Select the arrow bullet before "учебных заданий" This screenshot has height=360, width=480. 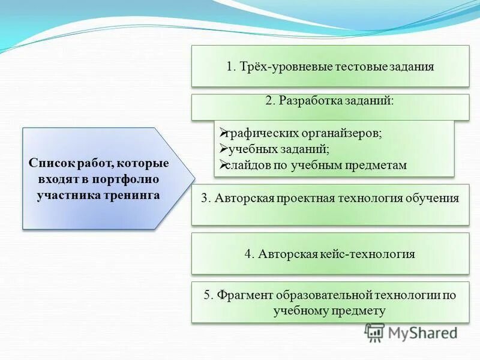click(x=220, y=148)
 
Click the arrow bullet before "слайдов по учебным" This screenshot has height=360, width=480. click(x=220, y=164)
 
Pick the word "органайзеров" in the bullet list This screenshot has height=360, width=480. click(x=343, y=133)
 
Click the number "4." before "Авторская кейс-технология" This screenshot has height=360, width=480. click(x=250, y=254)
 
